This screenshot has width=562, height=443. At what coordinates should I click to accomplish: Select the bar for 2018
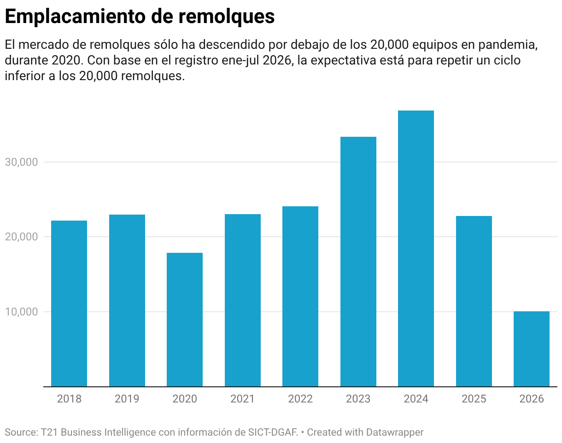(x=69, y=303)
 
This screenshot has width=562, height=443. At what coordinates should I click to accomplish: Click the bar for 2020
(x=185, y=320)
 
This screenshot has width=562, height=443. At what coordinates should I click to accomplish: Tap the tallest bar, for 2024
(x=416, y=249)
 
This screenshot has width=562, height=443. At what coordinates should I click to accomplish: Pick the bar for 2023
(x=358, y=262)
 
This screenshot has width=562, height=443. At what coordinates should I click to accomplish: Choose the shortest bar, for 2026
(x=532, y=349)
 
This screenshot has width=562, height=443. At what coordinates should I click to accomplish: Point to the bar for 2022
(x=300, y=296)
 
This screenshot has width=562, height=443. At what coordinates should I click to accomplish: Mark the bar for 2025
(x=474, y=301)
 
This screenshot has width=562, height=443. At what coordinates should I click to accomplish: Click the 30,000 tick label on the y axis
(x=21, y=162)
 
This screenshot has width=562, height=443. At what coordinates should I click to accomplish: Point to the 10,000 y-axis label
(x=21, y=312)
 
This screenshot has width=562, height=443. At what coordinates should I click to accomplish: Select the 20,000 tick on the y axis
(x=21, y=237)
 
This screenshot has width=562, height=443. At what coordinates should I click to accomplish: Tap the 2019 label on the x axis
(x=127, y=399)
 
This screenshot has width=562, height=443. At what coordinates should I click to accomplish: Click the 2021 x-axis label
(x=243, y=399)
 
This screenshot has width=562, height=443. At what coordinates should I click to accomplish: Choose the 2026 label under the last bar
(x=532, y=399)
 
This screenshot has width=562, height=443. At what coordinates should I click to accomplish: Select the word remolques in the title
(x=227, y=17)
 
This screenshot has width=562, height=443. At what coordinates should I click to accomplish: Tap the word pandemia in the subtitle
(x=508, y=45)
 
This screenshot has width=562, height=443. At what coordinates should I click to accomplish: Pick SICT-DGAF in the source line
(x=273, y=432)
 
